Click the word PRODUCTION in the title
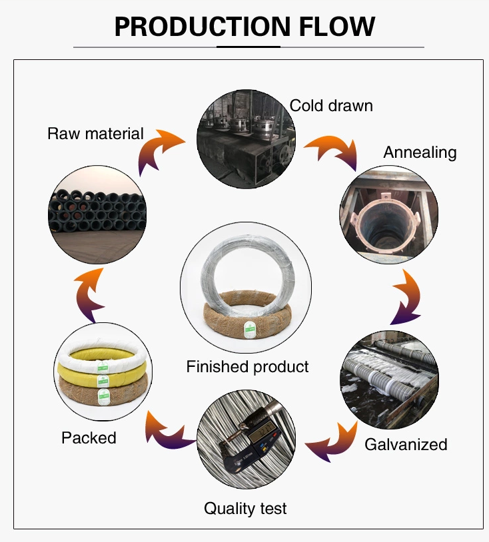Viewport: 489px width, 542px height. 203,27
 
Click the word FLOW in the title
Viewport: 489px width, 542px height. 337,27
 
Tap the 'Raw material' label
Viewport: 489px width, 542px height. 95,133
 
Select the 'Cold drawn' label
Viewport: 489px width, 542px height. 331,105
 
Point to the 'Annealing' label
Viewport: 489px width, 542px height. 420,152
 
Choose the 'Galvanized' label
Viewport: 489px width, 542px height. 406,445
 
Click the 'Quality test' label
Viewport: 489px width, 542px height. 245,509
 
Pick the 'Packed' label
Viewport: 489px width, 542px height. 89,438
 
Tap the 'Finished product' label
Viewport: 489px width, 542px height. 247,367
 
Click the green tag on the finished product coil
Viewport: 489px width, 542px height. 249,330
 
